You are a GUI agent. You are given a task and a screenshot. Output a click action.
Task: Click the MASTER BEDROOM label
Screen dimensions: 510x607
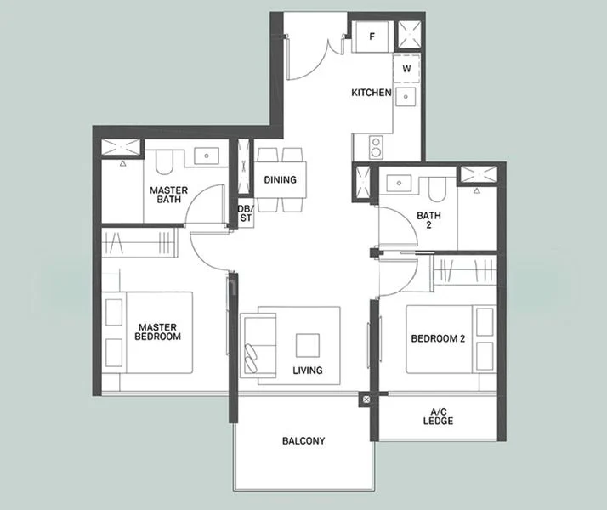point(158,331)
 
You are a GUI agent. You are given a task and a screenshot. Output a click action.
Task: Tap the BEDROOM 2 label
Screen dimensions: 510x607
point(438,339)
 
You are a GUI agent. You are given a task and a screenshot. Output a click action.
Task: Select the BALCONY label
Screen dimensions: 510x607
point(303,441)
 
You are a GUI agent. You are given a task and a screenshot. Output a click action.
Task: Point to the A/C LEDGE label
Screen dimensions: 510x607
point(438,417)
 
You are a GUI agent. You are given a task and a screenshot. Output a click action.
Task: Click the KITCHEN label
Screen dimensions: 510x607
point(372,93)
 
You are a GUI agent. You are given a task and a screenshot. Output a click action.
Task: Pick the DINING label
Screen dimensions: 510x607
point(280,180)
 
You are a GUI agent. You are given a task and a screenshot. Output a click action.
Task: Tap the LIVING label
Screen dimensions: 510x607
point(307,371)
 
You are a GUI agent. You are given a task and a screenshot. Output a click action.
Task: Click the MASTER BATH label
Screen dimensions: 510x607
point(169,195)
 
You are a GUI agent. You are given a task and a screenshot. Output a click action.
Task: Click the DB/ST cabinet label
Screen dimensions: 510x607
point(245,214)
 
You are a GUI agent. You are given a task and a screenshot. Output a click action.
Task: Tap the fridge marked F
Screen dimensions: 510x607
point(372,38)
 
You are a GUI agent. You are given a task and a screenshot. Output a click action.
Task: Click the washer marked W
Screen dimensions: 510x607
point(406,68)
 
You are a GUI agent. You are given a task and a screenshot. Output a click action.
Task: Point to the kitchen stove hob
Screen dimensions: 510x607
point(374,149)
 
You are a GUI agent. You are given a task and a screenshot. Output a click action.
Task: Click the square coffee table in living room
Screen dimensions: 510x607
point(308,345)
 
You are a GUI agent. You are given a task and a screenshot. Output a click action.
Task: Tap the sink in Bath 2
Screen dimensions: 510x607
point(397,182)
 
